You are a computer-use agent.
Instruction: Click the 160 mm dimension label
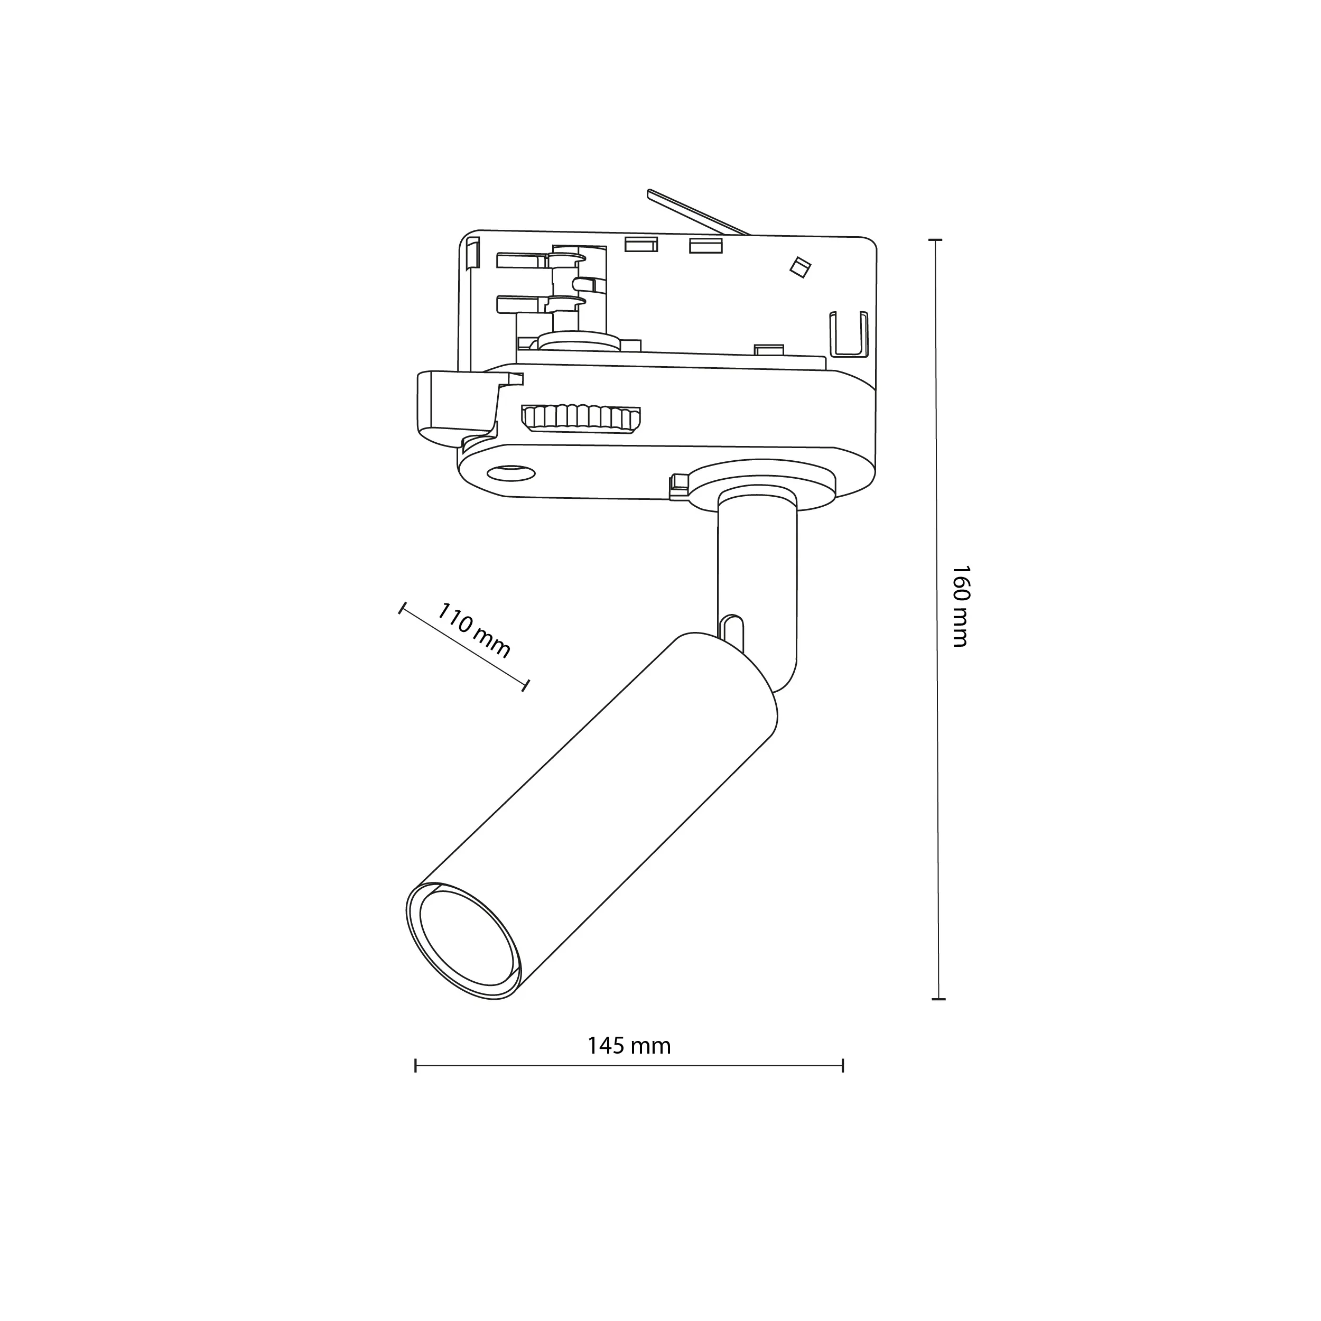click(961, 606)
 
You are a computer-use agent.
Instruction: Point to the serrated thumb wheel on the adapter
click(581, 418)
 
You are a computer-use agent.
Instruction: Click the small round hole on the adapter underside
click(511, 471)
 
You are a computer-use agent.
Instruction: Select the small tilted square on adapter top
click(799, 267)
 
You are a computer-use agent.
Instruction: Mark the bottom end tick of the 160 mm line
click(939, 999)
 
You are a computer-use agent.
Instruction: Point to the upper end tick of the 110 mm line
click(403, 608)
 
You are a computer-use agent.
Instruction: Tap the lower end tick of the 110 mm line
click(526, 685)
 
